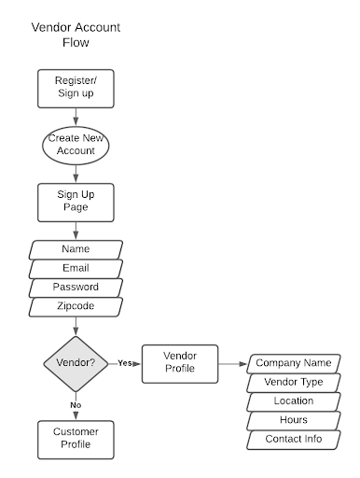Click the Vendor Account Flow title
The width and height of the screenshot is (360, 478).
(x=76, y=35)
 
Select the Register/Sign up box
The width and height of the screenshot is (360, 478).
(x=76, y=89)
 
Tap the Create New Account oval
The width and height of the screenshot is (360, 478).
(x=76, y=145)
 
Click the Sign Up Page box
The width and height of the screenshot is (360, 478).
(x=76, y=201)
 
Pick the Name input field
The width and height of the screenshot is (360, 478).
(x=76, y=250)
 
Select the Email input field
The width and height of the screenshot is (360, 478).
(x=76, y=269)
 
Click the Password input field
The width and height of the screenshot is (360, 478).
(x=76, y=288)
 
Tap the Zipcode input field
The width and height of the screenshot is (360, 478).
(x=76, y=306)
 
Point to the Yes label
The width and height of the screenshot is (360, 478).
(x=123, y=362)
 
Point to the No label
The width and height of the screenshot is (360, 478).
(x=76, y=403)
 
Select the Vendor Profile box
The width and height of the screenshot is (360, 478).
(x=180, y=362)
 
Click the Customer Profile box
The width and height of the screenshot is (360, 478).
(x=76, y=439)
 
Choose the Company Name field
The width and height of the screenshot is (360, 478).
(x=293, y=362)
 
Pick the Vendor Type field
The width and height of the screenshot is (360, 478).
(x=293, y=382)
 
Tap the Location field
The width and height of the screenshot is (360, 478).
(x=293, y=401)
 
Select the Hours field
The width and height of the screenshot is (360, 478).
(x=293, y=420)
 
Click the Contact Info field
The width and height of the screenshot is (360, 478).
(x=293, y=439)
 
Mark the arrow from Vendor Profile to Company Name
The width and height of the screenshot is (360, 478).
(x=232, y=362)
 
